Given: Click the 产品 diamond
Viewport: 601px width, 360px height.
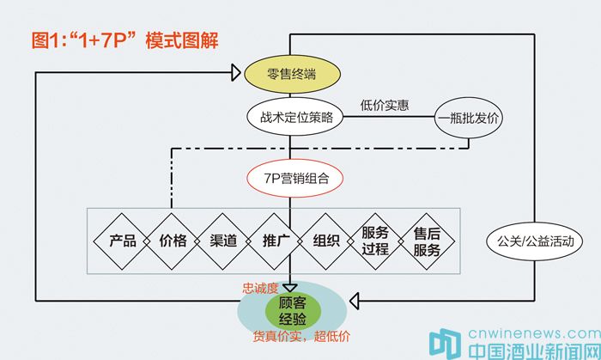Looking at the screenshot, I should coord(123,241).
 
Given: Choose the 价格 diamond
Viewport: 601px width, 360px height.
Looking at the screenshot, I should coord(173,241).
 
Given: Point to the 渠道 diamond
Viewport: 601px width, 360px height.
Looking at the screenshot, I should coord(223,241).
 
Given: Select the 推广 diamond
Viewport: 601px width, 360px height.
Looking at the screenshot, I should coord(274,241).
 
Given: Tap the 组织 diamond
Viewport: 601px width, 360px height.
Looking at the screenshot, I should coord(325,241).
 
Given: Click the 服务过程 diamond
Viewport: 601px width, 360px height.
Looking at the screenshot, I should coord(375,241).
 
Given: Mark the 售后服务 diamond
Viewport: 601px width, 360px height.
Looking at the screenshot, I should coord(426,241).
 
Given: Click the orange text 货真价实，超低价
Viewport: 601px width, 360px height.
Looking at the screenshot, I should coord(300,336).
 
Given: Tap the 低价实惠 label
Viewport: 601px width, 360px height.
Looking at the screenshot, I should coord(385,106).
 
